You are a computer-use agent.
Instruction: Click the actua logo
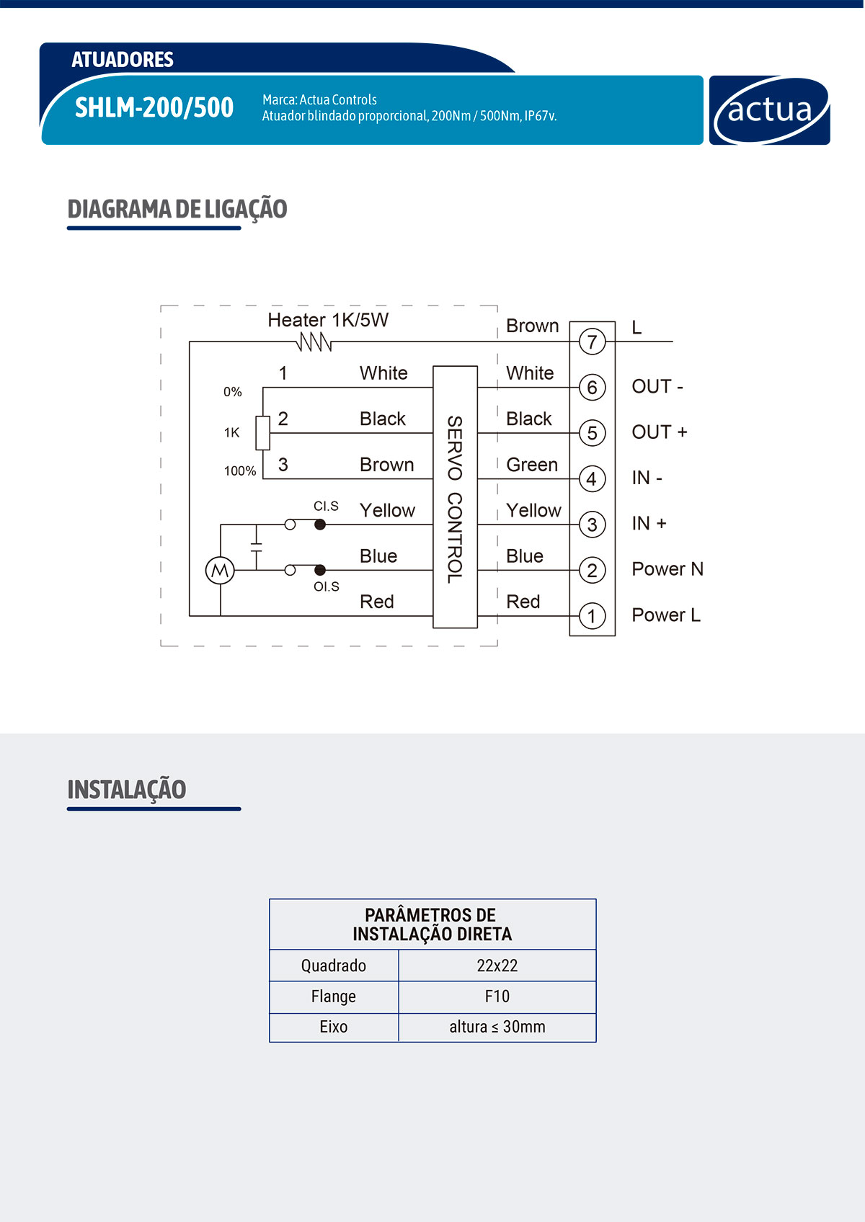769,110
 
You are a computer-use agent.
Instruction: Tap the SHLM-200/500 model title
154,108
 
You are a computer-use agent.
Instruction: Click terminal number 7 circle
592,342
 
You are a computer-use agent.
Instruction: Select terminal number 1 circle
592,616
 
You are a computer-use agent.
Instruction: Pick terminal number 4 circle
592,479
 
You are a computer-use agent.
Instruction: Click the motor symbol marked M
220,571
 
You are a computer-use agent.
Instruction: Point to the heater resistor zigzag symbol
315,342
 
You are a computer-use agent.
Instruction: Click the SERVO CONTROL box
455,497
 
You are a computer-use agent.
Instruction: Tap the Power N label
667,569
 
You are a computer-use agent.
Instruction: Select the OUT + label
659,432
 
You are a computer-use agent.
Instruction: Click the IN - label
647,478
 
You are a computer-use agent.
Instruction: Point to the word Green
532,465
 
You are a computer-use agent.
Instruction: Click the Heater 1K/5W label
328,320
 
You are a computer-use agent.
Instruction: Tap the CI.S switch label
326,507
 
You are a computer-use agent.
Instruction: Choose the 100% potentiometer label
240,471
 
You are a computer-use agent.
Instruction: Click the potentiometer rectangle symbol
263,433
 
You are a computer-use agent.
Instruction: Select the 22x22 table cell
497,965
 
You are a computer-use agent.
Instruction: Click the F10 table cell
497,996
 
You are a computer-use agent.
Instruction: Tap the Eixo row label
333,1027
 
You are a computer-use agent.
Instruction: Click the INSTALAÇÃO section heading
127,790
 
